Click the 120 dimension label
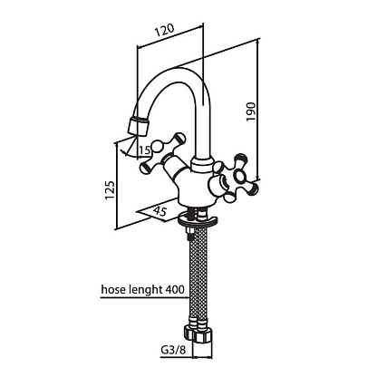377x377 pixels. pyautogui.click(x=165, y=31)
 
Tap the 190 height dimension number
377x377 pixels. pyautogui.click(x=251, y=111)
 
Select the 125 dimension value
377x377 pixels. pyautogui.click(x=110, y=190)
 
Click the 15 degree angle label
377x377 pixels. pyautogui.click(x=145, y=150)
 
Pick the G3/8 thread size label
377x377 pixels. pyautogui.click(x=172, y=351)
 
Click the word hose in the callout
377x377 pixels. pyautogui.click(x=112, y=289)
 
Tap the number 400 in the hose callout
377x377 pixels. pyautogui.click(x=175, y=289)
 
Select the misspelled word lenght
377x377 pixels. pyautogui.click(x=145, y=290)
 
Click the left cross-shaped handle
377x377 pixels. pyautogui.click(x=161, y=154)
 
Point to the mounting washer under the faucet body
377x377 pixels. pyautogui.click(x=198, y=220)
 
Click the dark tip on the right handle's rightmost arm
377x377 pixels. pyautogui.click(x=255, y=188)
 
